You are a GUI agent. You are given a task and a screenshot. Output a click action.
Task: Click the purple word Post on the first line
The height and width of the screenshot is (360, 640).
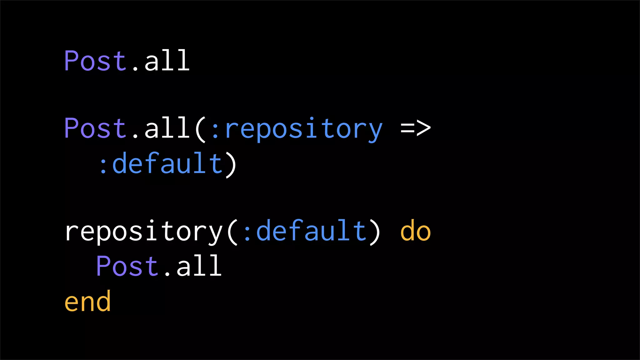point(95,61)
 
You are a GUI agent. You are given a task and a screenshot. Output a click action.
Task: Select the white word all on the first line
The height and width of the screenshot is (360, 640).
point(167,61)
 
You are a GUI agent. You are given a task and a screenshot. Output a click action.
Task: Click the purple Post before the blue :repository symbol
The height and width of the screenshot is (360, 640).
point(95,128)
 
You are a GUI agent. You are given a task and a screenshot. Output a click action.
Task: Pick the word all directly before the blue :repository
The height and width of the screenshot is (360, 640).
point(167,128)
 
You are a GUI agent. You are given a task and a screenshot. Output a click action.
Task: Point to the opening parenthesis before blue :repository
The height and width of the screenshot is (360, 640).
point(200,129)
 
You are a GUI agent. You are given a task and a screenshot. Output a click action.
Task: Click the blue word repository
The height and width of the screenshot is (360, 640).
point(303,129)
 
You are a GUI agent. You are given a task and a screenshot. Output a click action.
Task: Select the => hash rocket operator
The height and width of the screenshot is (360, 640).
point(415,128)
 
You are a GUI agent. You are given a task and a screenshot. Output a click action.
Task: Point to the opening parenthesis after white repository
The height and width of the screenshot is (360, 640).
point(232,232)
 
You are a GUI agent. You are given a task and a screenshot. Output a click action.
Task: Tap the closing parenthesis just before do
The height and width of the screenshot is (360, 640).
point(374,232)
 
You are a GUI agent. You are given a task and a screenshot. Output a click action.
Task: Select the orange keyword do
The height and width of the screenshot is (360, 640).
point(415,231)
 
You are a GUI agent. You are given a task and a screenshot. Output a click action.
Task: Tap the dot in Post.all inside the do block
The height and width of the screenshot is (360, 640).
point(167,274)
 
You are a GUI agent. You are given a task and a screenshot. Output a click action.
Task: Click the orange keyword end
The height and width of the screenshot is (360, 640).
point(87,301)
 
